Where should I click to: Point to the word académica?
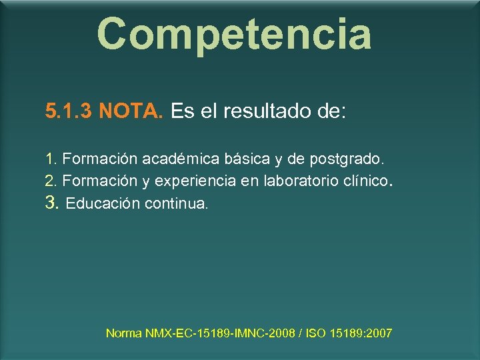[x=181, y=160]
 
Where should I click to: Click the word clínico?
[x=364, y=181]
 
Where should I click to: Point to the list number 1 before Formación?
[x=51, y=160]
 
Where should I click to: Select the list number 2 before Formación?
[x=51, y=181]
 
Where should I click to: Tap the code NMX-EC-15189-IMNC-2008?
[x=221, y=333]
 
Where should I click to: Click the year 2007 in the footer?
[x=379, y=333]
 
